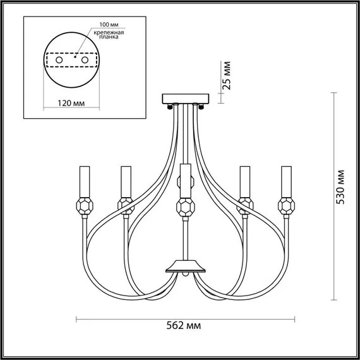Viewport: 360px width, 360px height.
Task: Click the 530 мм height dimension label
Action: click(x=341, y=188)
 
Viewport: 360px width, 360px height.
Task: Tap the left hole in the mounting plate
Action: click(x=59, y=59)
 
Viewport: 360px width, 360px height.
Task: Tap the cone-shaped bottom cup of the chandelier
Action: click(x=184, y=265)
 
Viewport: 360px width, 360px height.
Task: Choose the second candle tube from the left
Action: click(x=125, y=181)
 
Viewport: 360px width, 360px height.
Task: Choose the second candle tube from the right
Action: click(x=244, y=181)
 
